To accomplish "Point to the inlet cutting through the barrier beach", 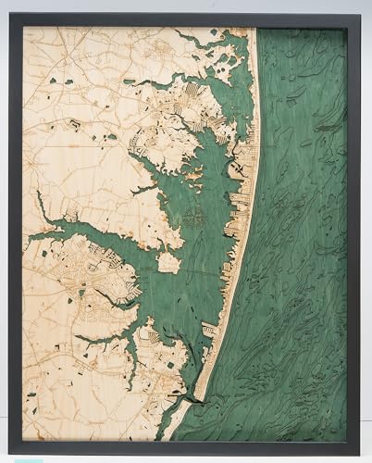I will (x=190, y=396).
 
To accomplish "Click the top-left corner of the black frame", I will (x=10, y=15).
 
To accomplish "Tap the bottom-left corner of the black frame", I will (x=10, y=454).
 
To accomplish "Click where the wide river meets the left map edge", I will (x=25, y=237).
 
